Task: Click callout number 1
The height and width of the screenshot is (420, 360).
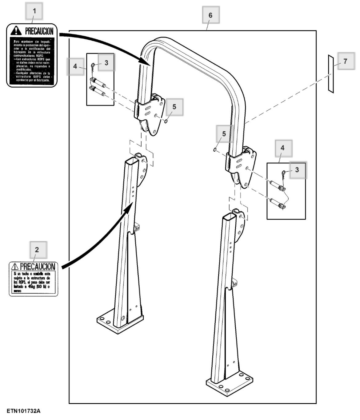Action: [34, 11]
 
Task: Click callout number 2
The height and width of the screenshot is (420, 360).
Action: [37, 250]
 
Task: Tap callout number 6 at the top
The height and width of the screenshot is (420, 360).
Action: [210, 15]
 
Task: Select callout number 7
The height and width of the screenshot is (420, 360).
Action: [345, 61]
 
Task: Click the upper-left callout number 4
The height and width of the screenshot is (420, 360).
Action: [75, 66]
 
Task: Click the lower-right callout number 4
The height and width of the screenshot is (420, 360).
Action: [282, 148]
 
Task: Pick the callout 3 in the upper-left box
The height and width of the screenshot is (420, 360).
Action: [106, 63]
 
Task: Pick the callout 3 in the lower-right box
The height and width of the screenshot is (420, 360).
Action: [297, 170]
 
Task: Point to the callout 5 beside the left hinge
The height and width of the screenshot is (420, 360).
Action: [174, 107]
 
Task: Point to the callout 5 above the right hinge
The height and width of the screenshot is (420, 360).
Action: [224, 134]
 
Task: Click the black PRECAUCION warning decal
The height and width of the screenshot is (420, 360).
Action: [32, 55]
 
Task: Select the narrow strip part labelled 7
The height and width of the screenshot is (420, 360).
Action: [331, 74]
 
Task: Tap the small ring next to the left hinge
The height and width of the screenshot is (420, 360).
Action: [166, 121]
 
